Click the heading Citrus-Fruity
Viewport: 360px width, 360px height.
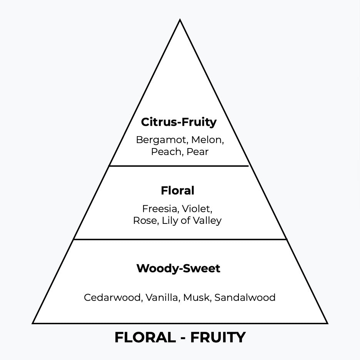[179, 122]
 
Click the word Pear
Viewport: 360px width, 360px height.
[197, 152]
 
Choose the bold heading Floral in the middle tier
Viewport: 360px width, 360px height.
[177, 190]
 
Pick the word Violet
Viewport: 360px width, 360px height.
[196, 209]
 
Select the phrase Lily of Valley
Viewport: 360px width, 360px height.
[192, 221]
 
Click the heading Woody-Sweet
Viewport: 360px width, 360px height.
[178, 268]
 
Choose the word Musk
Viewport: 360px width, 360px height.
[196, 297]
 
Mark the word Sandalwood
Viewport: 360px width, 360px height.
[245, 297]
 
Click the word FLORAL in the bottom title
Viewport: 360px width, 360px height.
[145, 337]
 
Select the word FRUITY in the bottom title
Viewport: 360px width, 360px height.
[218, 337]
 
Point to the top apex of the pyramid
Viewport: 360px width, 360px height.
[180, 20]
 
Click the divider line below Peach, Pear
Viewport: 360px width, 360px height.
[179, 166]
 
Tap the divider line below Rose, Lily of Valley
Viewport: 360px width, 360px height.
[180, 239]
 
